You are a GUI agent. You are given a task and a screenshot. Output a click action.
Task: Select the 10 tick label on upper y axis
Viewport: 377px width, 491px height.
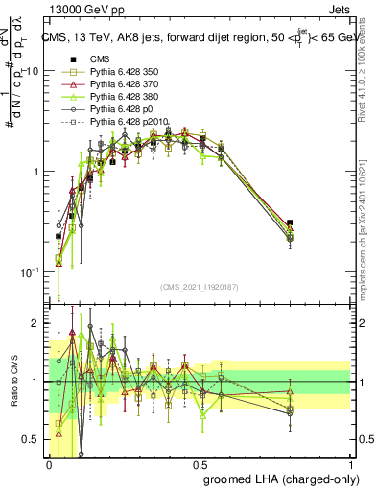click(x=32, y=72)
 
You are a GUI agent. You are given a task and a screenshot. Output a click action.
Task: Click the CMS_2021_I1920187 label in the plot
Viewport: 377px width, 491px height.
click(x=200, y=287)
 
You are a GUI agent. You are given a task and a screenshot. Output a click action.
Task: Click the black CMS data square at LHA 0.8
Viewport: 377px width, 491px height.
click(x=291, y=222)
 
